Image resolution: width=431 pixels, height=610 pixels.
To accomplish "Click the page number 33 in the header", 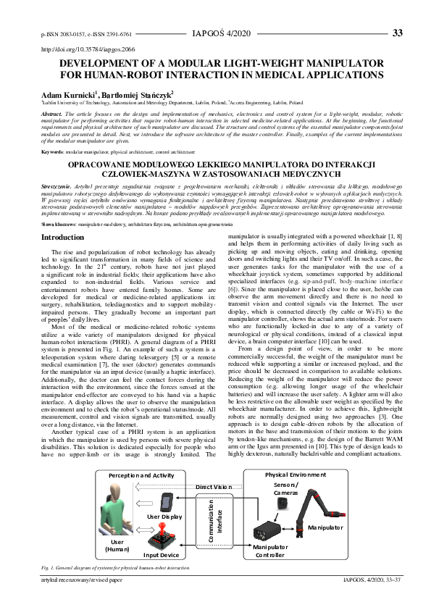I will tap(397, 33).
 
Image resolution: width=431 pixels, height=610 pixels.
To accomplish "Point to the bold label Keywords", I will tap(52, 152).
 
